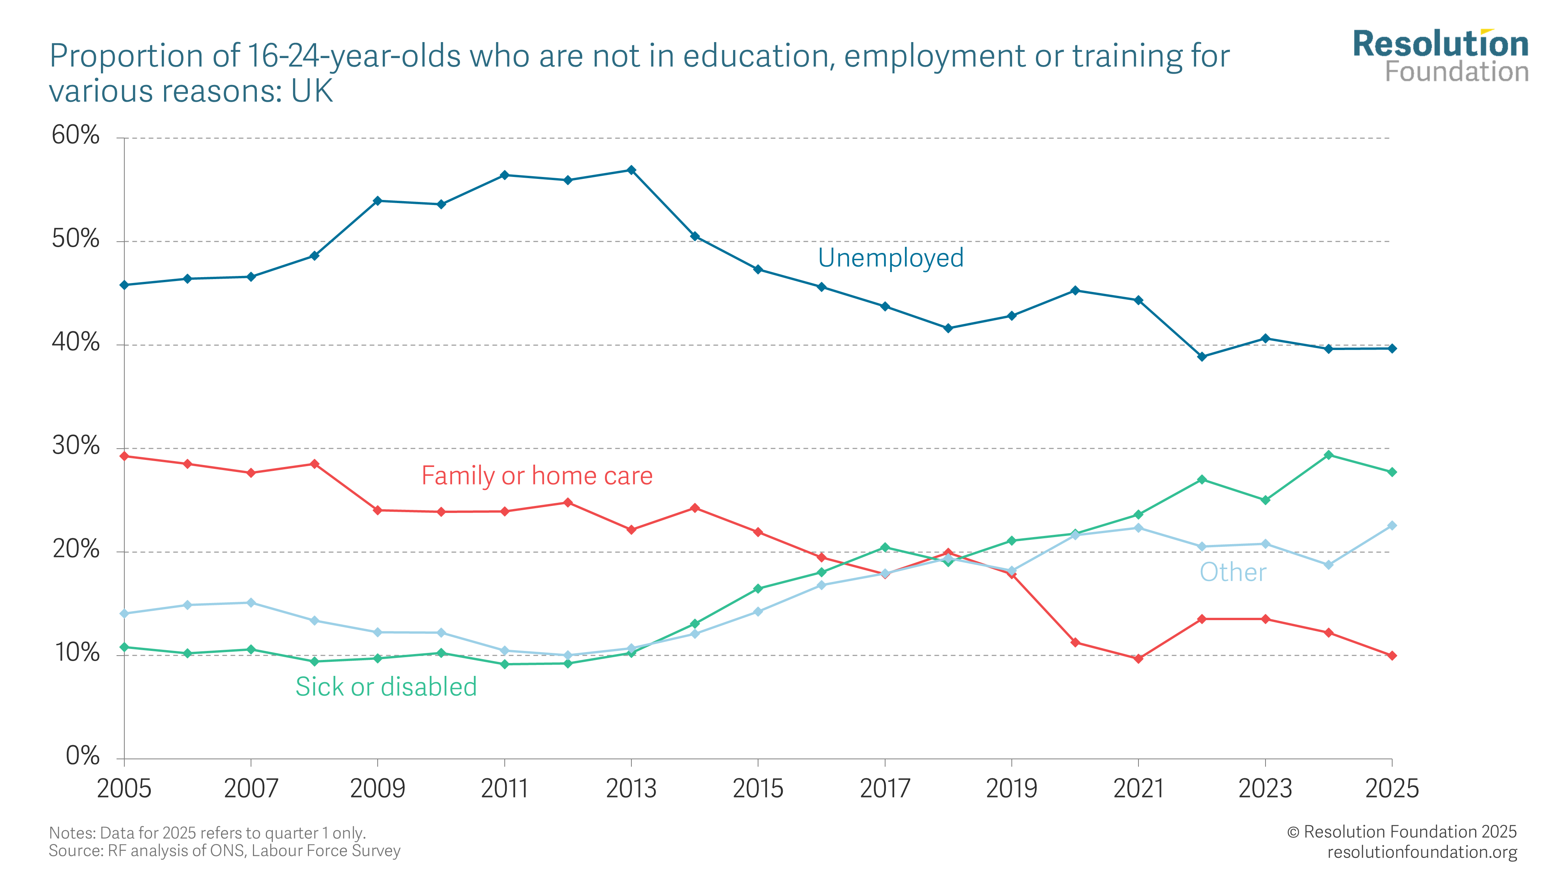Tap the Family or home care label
point(537,476)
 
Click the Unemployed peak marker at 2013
point(631,170)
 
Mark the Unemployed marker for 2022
point(1202,357)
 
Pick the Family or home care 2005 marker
point(124,456)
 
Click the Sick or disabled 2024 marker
point(1328,454)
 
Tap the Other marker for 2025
point(1392,525)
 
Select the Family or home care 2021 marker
point(1138,658)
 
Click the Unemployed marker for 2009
point(378,200)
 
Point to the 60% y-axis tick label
point(76,135)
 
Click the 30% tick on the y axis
point(76,446)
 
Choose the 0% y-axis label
point(82,756)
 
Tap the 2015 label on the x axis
point(758,789)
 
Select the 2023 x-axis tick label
point(1265,789)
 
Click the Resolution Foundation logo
point(1441,56)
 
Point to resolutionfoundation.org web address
point(1422,852)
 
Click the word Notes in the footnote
point(71,833)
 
